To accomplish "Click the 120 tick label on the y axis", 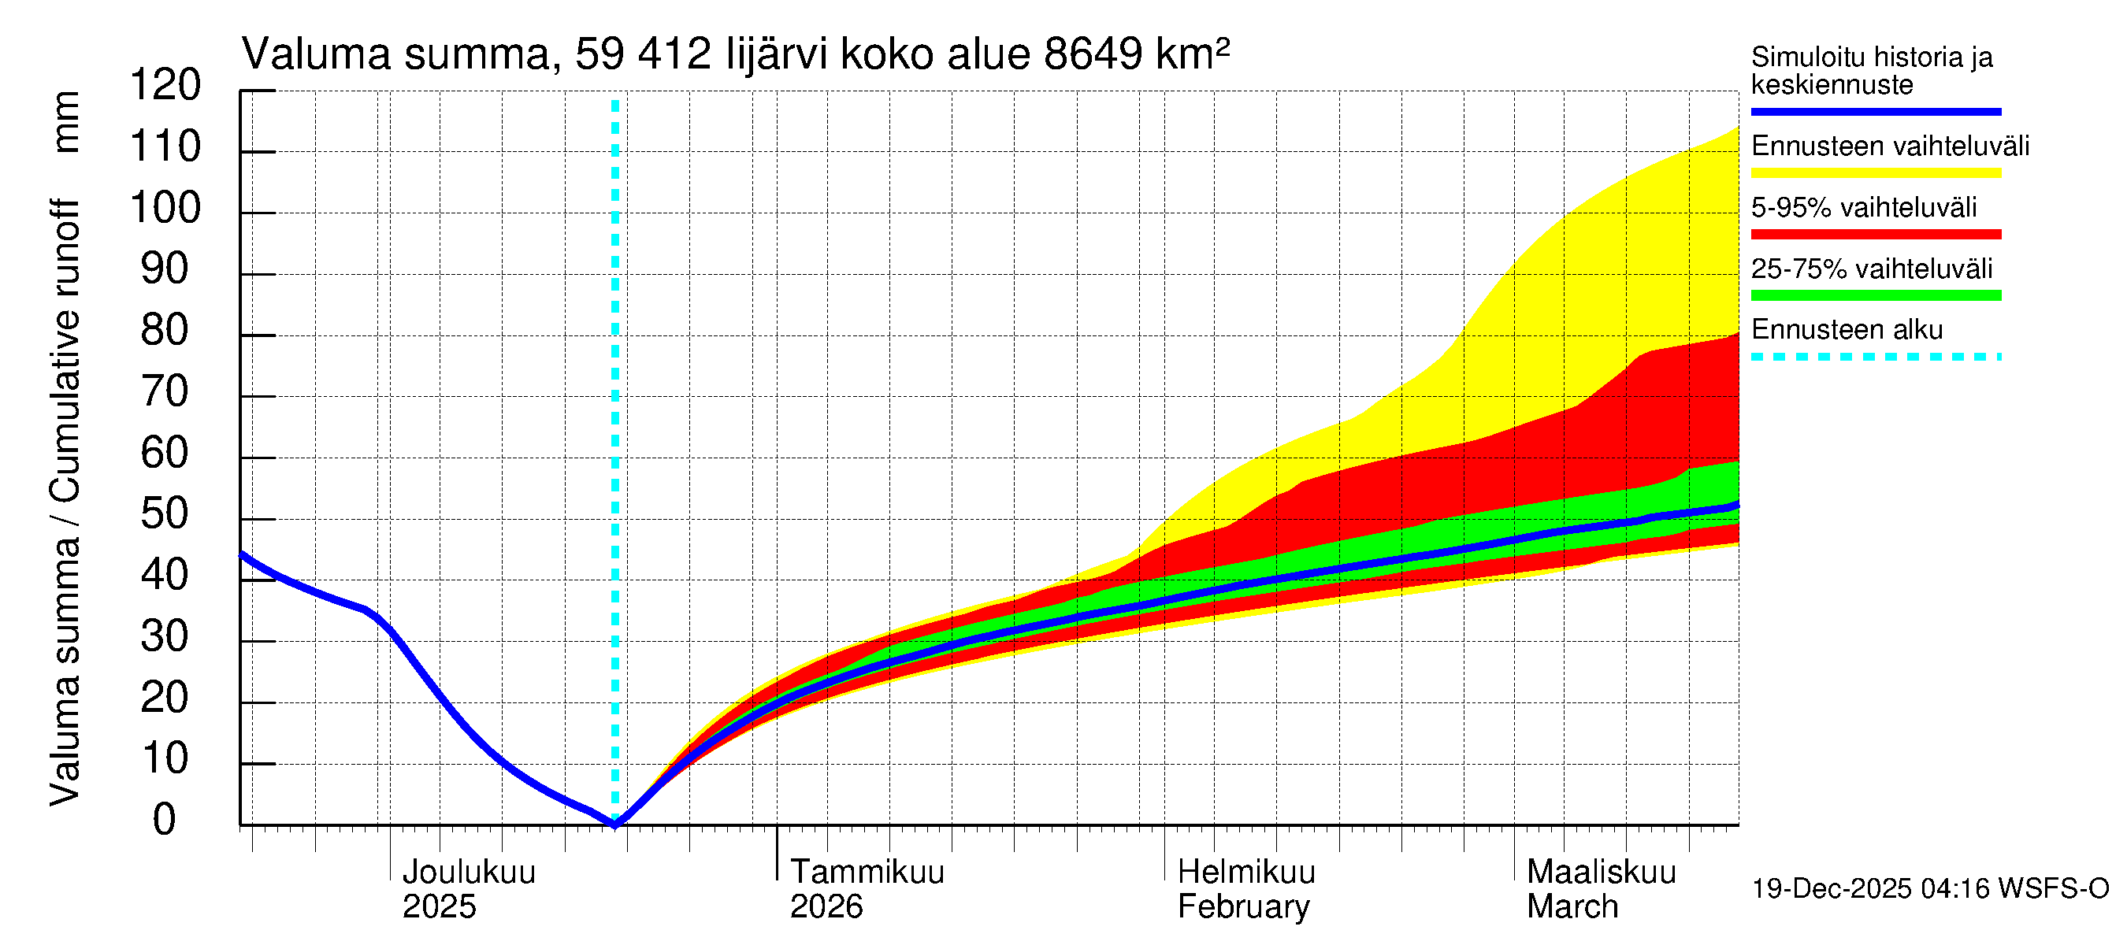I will point(165,86).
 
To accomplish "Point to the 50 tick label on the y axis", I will point(165,514).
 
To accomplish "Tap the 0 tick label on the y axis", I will point(165,821).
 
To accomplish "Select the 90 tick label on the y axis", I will point(165,270).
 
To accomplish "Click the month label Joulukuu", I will point(468,873).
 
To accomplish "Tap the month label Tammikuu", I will point(867,873).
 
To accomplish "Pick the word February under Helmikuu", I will point(1243,907).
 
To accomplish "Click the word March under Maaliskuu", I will point(1572,907).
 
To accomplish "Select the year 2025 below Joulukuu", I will point(439,907).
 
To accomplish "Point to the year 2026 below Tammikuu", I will point(826,907).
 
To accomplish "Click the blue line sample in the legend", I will point(1875,111).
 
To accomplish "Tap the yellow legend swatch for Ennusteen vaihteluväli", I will point(1875,173).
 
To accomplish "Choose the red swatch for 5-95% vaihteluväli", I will point(1875,235).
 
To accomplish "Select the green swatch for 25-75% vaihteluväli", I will point(1875,295).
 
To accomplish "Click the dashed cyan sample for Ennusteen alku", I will point(1875,358).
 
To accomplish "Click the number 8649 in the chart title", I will point(1093,55).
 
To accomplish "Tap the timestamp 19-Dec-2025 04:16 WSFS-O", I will point(1929,889).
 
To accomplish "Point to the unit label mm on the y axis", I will point(66,122).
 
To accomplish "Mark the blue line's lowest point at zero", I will point(615,824).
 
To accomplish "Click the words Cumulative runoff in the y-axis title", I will point(66,350).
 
